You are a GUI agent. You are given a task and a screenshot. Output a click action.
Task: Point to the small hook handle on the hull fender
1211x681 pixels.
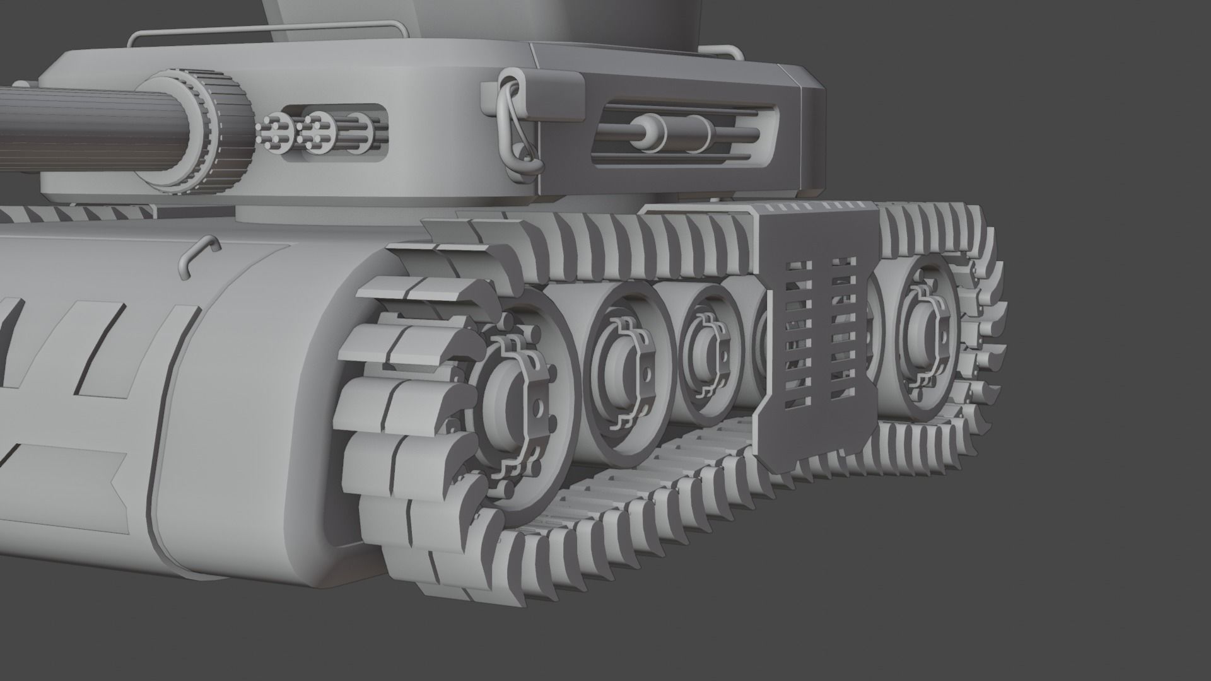(196, 255)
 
